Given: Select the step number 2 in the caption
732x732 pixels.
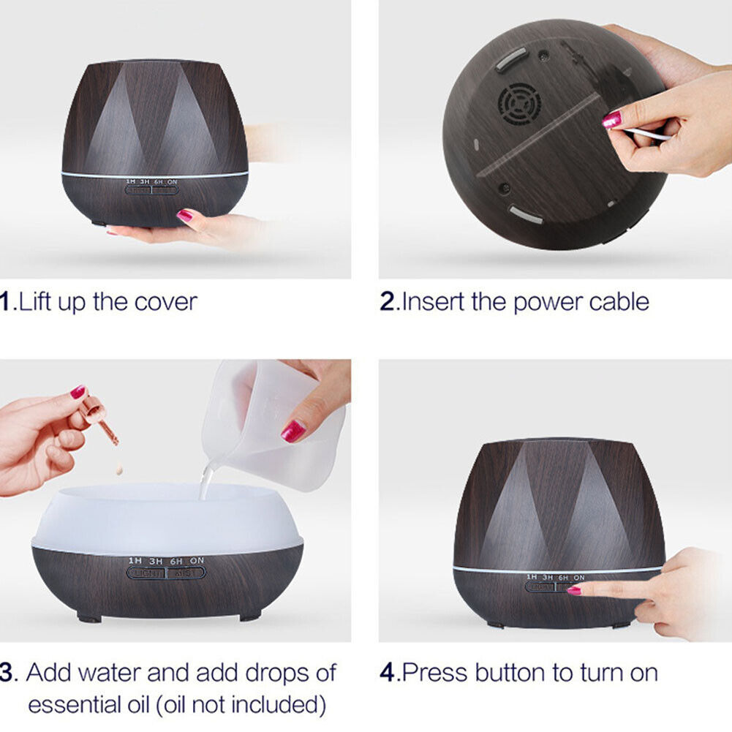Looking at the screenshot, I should click(388, 301).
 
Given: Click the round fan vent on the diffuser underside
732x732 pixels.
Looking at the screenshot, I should click(519, 104).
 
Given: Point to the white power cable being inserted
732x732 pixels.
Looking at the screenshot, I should click(647, 133).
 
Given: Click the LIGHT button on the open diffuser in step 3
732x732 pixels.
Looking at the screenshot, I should click(146, 573).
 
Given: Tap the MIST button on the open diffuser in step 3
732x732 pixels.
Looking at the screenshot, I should click(186, 573).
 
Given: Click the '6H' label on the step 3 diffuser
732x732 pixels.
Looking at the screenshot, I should click(176, 561).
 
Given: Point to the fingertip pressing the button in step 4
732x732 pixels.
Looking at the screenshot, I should click(576, 589).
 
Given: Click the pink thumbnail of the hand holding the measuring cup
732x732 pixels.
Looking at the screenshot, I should click(293, 431).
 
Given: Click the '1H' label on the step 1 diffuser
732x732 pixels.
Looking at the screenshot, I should click(131, 181).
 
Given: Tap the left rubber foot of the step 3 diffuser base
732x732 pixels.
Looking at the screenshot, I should click(89, 617).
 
